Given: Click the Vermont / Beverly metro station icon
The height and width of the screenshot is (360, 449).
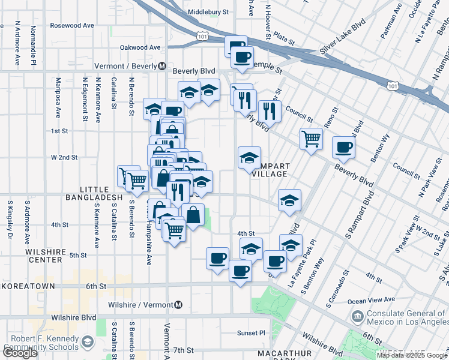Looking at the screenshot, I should point(162,66).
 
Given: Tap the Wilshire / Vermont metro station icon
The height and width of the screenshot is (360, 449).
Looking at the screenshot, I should point(178,305).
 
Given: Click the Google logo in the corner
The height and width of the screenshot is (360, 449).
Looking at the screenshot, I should point(20,353).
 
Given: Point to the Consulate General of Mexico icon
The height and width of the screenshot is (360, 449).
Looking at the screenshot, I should point(358,316).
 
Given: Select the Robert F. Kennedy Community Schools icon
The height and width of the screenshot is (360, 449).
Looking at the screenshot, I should point(88,342).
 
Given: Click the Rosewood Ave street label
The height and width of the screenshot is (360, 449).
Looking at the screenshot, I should point(72,26).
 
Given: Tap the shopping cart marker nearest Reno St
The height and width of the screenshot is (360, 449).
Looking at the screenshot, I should point(311,138).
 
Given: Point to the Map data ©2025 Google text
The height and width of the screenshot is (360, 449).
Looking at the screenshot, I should point(412,355).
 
